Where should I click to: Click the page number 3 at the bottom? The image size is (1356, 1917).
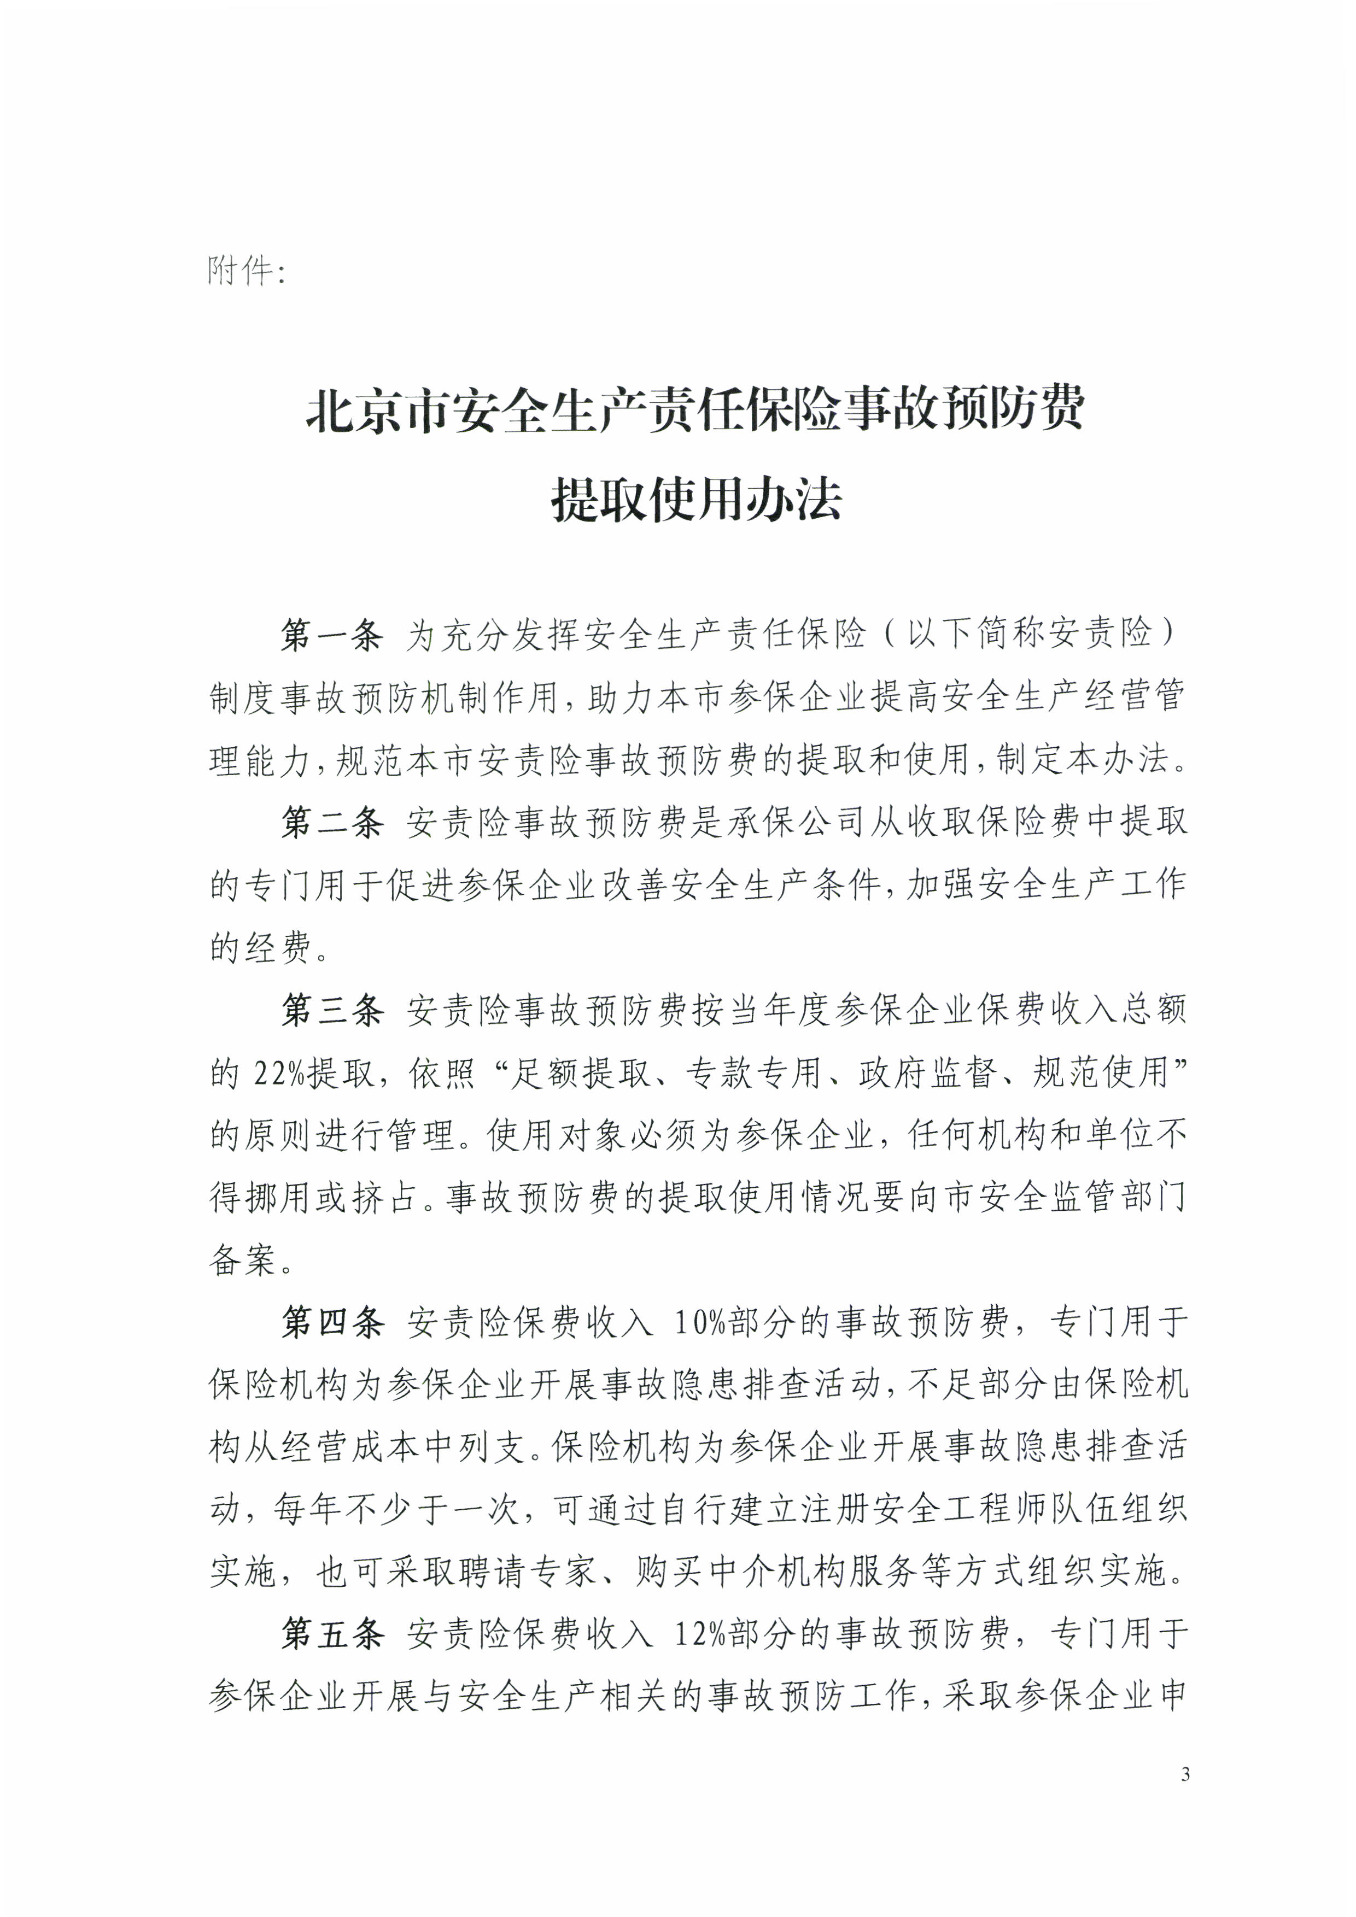tap(1185, 1796)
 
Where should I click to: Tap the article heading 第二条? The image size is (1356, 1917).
tap(331, 823)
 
